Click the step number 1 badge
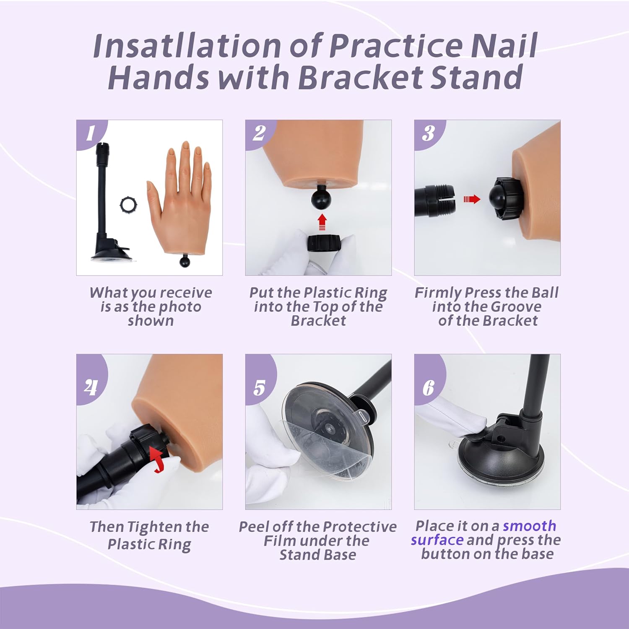pyautogui.click(x=90, y=134)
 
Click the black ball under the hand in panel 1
pyautogui.click(x=185, y=262)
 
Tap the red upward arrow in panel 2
pyautogui.click(x=322, y=222)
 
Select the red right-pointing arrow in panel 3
pyautogui.click(x=472, y=199)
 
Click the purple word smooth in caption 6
pyautogui.click(x=529, y=525)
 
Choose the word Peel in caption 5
pyautogui.click(x=254, y=527)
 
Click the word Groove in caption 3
pyautogui.click(x=516, y=307)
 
